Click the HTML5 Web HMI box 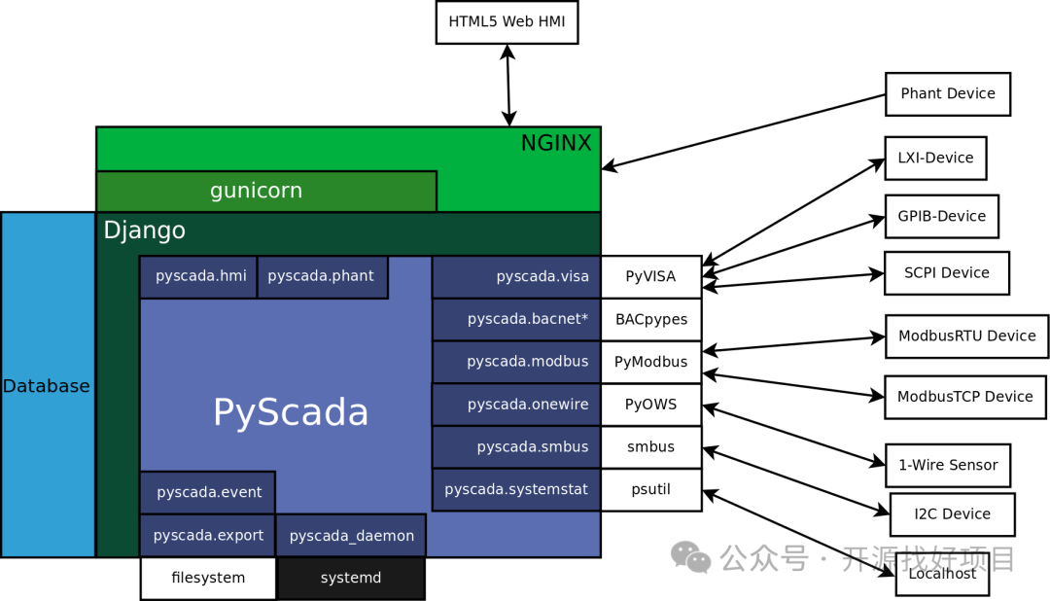507,22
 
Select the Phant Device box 948,94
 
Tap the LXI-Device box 935,158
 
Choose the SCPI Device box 946,273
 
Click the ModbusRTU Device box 966,336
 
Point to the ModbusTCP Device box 964,397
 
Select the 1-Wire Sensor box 948,465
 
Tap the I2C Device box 952,514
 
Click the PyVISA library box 651,276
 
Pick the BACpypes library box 651,319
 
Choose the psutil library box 651,489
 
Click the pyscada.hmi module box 198,276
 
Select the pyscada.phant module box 322,276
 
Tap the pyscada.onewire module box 516,405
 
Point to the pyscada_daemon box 351,536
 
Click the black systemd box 351,578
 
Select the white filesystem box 208,578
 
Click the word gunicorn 256,191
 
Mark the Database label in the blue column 47,386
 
